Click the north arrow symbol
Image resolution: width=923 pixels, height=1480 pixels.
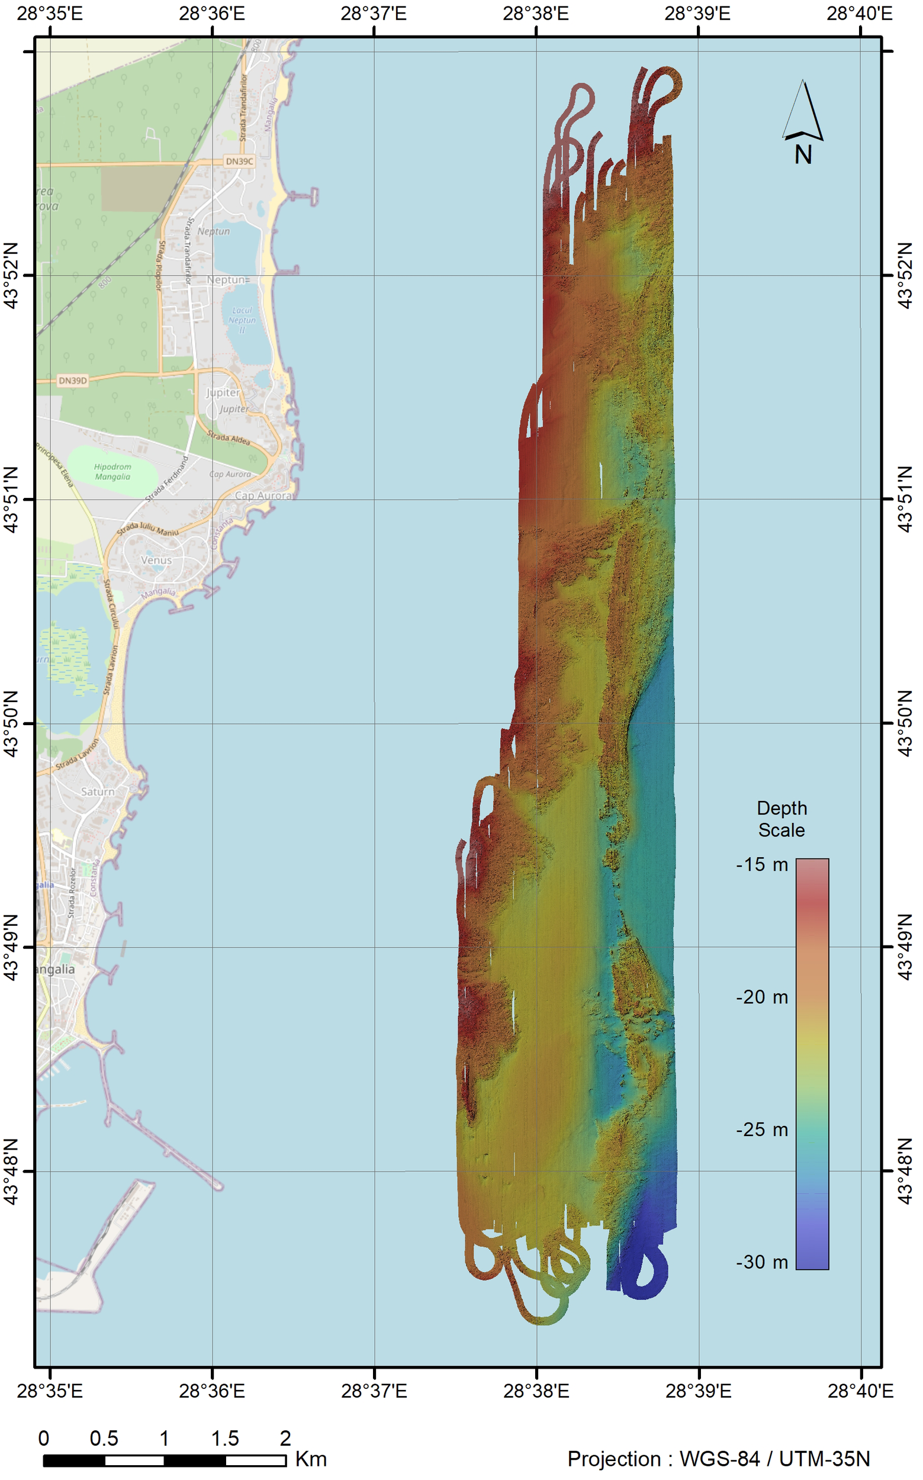tap(803, 111)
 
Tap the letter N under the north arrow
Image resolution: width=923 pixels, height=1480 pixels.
tap(803, 155)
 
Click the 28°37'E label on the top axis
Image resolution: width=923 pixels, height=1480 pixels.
tap(374, 14)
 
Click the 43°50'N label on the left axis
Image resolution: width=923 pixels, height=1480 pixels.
tap(12, 724)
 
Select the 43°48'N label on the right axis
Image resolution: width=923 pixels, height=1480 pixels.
tap(906, 1171)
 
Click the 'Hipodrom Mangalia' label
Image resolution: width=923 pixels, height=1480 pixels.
tap(112, 472)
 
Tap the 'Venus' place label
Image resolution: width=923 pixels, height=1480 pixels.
tap(156, 559)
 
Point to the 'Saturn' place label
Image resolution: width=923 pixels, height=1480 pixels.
tap(98, 792)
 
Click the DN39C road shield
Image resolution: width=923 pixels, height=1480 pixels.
tap(239, 161)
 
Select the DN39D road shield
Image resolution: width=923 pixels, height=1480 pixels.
tap(73, 380)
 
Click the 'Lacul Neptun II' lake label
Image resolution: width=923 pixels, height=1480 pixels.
tap(242, 320)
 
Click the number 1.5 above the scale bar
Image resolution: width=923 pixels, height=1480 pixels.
tap(224, 1439)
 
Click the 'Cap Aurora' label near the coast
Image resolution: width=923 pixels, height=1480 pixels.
tap(263, 496)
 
